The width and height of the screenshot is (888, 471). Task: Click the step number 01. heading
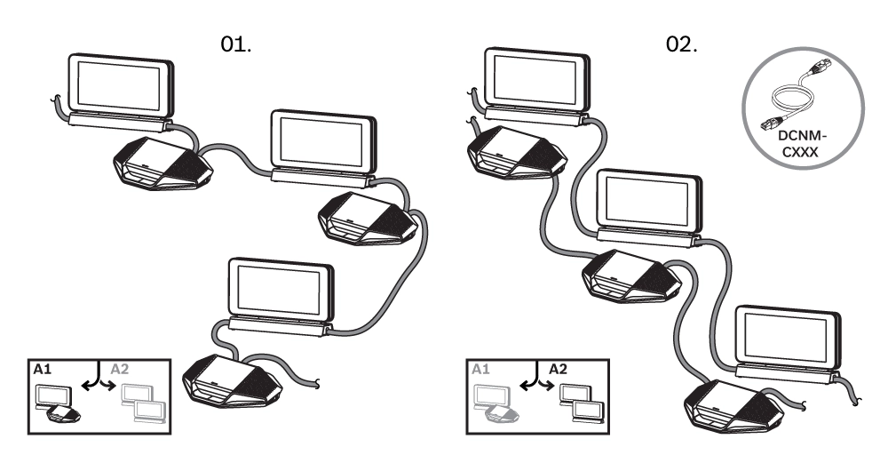(x=236, y=44)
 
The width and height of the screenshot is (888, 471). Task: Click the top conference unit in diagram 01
(x=161, y=164)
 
